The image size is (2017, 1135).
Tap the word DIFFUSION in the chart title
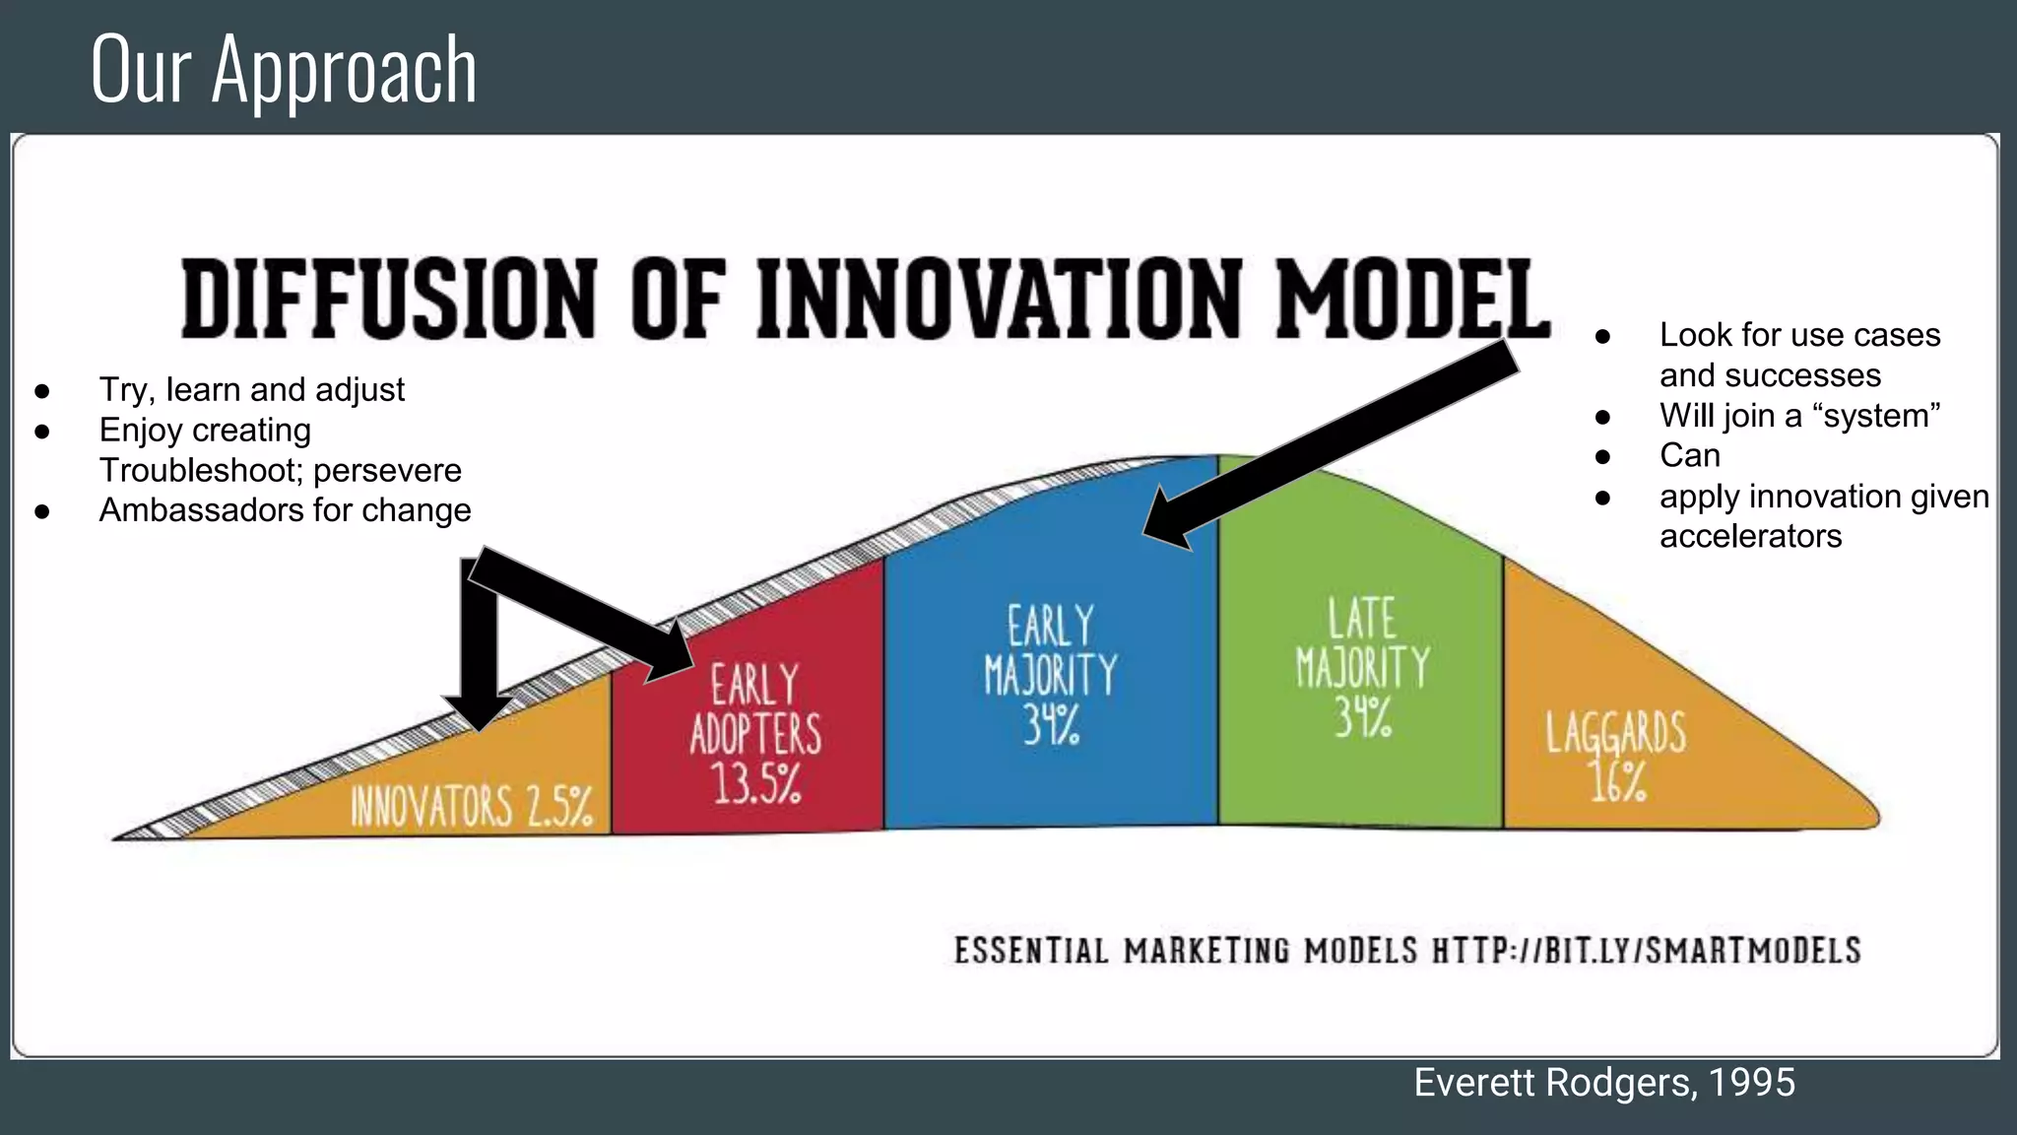point(389,299)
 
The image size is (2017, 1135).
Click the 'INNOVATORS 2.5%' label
point(472,807)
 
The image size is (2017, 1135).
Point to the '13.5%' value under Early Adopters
point(756,784)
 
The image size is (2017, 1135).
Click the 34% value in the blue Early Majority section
point(1051,725)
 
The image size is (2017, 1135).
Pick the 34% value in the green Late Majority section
point(1363,717)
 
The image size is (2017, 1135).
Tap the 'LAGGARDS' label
point(1615,733)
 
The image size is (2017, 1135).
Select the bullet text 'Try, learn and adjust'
point(251,390)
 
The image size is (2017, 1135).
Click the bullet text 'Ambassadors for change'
point(285,510)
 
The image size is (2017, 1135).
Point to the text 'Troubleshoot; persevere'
point(280,470)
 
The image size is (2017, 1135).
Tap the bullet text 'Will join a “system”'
point(1799,416)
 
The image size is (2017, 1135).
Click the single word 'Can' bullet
point(1689,455)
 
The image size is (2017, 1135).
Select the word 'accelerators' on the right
point(1750,536)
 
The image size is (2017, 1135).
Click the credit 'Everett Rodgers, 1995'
point(1604,1082)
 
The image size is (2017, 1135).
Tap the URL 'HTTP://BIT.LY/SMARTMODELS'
point(1646,951)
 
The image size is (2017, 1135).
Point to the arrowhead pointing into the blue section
point(1167,522)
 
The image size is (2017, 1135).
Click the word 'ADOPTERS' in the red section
point(755,734)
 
